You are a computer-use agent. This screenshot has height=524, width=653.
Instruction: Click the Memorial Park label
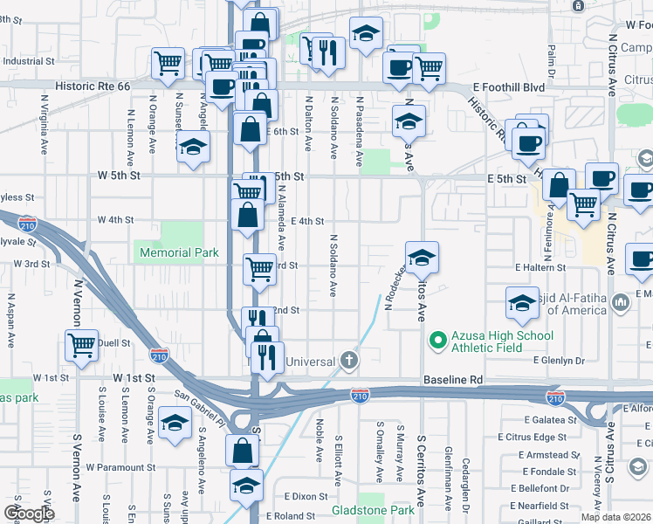(178, 252)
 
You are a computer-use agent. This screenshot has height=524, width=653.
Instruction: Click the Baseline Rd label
(453, 380)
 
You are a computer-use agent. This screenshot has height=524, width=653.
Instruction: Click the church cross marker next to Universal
(349, 359)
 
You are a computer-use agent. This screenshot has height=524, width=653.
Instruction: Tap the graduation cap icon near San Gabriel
(175, 424)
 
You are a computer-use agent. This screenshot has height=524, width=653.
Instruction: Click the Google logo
(29, 514)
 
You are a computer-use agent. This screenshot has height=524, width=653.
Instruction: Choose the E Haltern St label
(540, 267)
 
